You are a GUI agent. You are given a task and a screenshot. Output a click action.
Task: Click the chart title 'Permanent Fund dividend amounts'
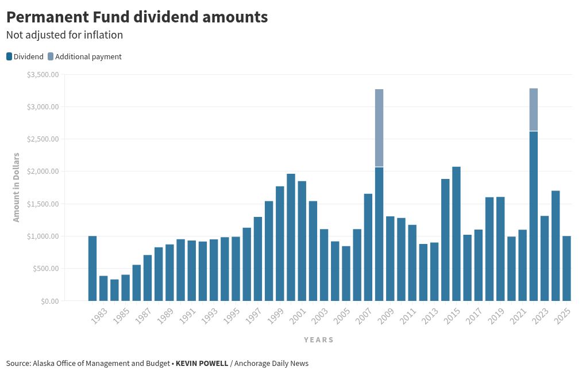click(x=137, y=17)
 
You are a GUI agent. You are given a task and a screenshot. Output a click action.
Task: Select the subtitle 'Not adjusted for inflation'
click(x=64, y=35)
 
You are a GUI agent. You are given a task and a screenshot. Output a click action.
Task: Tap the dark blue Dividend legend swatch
click(x=9, y=56)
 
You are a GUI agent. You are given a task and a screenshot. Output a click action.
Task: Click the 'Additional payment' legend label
click(x=88, y=56)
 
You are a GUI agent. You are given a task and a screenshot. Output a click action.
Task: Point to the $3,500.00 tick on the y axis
click(x=43, y=75)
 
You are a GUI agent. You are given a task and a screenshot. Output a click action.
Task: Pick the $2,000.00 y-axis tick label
click(x=43, y=171)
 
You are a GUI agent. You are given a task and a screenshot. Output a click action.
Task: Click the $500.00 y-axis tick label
click(x=45, y=269)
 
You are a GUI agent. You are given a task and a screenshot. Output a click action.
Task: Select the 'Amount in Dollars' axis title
click(x=16, y=187)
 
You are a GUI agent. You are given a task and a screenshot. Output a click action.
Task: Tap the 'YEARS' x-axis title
click(x=318, y=339)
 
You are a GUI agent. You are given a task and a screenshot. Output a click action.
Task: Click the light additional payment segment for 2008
click(x=379, y=128)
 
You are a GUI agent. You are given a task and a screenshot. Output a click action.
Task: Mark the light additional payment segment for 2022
click(x=533, y=109)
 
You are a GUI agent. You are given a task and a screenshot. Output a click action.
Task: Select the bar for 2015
click(x=456, y=234)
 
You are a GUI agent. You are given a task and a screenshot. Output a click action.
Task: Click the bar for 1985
click(x=114, y=290)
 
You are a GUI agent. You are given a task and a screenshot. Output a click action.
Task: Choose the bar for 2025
click(x=566, y=268)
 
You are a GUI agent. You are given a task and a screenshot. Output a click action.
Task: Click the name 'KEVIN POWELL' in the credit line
click(x=202, y=364)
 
